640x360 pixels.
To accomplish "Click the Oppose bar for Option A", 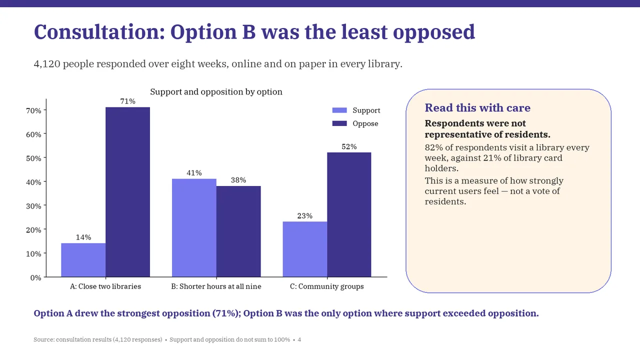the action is pyautogui.click(x=127, y=192).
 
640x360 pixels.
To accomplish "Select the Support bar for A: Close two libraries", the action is pyautogui.click(x=83, y=260).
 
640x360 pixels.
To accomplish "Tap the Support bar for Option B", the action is pyautogui.click(x=194, y=227).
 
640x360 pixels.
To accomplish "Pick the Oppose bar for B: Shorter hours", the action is pyautogui.click(x=238, y=231).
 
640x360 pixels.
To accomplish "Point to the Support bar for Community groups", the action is pyautogui.click(x=305, y=249).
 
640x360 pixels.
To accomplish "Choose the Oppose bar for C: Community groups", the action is pyautogui.click(x=349, y=214).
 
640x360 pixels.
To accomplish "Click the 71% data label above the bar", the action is pyautogui.click(x=127, y=101).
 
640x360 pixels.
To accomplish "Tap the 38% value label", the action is pyautogui.click(x=238, y=180).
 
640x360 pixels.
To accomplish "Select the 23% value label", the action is pyautogui.click(x=305, y=215).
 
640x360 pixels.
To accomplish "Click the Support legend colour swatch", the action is pyautogui.click(x=339, y=110).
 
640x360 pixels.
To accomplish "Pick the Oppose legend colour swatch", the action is pyautogui.click(x=339, y=123).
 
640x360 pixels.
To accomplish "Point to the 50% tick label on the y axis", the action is pyautogui.click(x=33, y=158).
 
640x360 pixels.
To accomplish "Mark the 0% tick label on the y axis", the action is pyautogui.click(x=35, y=277).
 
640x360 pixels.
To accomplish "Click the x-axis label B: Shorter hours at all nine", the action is pyautogui.click(x=216, y=286).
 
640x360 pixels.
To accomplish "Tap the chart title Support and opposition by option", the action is pyautogui.click(x=216, y=91).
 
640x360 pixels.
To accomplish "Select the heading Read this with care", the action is pyautogui.click(x=477, y=107).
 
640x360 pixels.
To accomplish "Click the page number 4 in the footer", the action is pyautogui.click(x=299, y=339).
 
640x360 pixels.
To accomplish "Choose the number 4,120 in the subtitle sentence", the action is pyautogui.click(x=47, y=63).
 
